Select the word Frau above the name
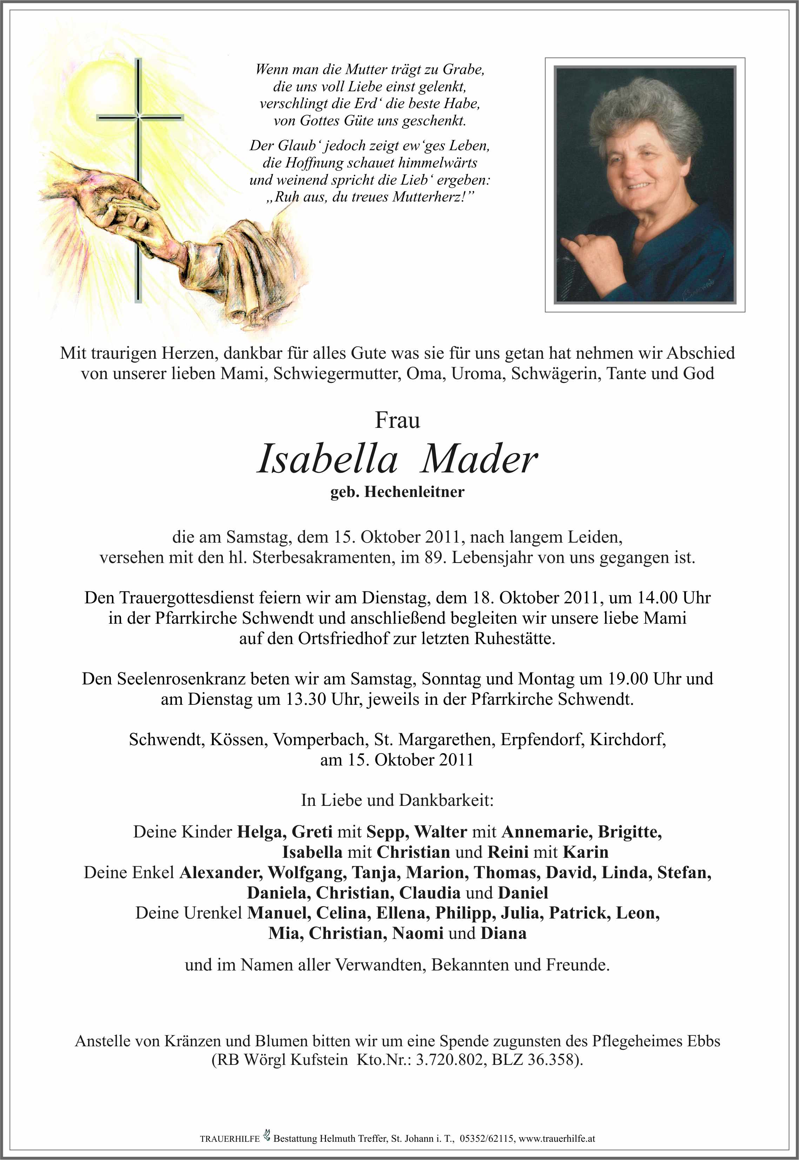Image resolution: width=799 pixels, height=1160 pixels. [398, 420]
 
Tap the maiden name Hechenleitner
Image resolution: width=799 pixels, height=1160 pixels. [414, 492]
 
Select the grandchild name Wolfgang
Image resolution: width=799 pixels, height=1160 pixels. [306, 873]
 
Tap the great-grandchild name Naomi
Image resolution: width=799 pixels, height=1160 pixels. [418, 933]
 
